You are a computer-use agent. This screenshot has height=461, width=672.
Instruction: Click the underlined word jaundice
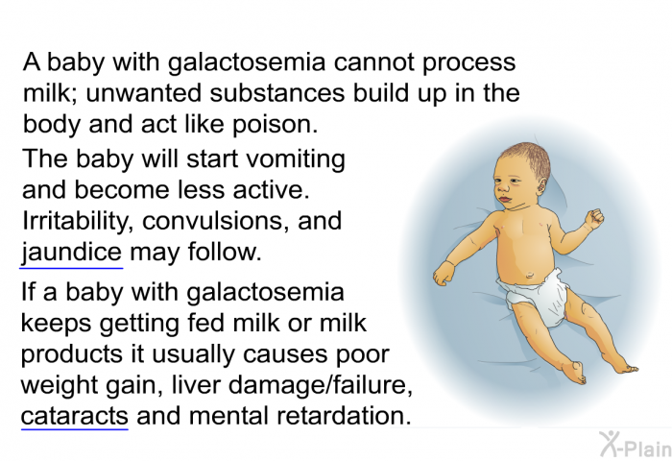pos(72,253)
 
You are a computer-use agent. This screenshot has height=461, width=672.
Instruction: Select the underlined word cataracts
pos(75,416)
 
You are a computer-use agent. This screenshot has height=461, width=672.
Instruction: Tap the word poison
pos(276,125)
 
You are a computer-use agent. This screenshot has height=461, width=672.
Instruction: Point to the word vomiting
pos(296,160)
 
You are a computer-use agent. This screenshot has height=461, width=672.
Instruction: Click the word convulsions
pos(216,221)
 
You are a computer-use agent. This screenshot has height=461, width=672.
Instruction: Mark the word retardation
pos(344,416)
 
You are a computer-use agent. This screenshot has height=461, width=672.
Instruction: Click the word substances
pos(276,93)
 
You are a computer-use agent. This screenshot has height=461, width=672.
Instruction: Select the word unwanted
pos(144,93)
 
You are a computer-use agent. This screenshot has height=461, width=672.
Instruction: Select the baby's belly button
pos(530,274)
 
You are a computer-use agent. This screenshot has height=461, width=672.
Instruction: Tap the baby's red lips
pos(505,200)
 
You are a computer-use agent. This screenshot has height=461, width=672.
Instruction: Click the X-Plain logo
pos(636,445)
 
